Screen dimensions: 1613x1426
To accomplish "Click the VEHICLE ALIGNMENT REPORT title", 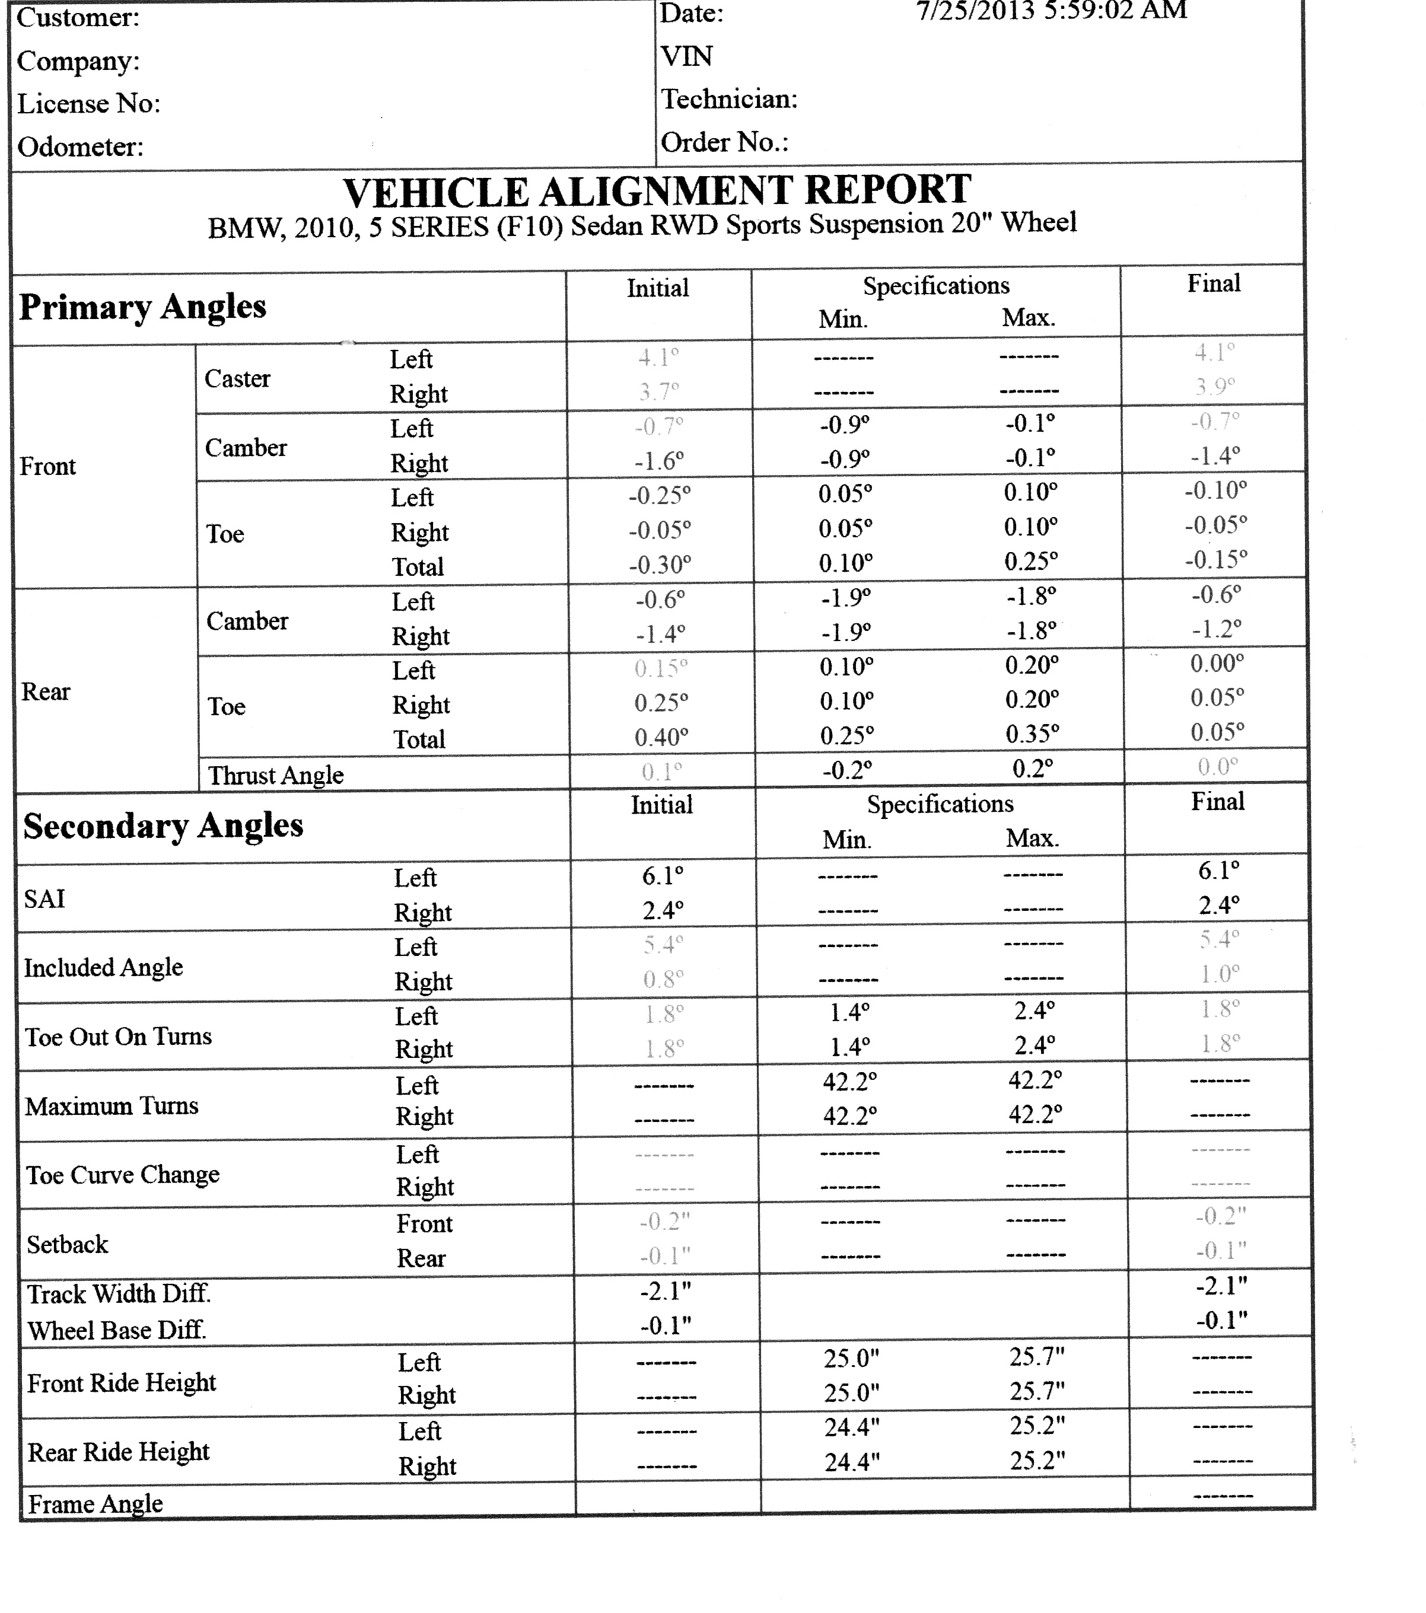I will click(657, 192).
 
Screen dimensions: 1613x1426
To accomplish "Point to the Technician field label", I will click(729, 100).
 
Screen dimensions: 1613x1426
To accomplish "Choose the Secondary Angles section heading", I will click(163, 826).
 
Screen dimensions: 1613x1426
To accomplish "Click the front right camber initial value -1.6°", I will click(659, 460).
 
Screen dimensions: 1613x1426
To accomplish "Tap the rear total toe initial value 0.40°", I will click(661, 738).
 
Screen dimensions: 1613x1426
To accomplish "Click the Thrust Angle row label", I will click(275, 776).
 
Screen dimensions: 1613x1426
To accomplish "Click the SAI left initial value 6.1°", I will click(662, 876).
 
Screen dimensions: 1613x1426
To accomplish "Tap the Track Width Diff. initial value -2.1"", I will click(666, 1291).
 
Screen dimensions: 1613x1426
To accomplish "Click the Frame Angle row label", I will click(96, 1504).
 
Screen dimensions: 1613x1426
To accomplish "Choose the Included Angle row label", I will click(103, 967).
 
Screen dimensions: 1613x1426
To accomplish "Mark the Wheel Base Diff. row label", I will click(117, 1331).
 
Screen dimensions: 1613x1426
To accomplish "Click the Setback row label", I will click(67, 1245).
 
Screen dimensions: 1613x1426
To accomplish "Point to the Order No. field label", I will click(724, 143).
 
